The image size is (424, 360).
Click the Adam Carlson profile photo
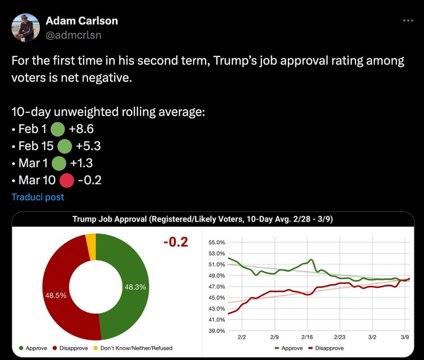25,28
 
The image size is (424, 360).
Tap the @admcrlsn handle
73,35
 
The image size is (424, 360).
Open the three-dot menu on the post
408,20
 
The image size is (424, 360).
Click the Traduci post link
38,197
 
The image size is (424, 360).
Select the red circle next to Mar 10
67,180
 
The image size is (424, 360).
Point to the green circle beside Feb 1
57,129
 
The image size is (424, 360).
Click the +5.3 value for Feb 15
88,146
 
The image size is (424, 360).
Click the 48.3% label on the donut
135,287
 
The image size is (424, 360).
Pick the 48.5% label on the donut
56,296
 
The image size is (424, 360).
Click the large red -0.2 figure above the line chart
176,243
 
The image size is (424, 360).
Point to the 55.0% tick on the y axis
217,243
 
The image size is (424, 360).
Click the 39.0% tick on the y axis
217,331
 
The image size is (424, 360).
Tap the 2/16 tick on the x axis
307,338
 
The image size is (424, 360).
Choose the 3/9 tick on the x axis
404,338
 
